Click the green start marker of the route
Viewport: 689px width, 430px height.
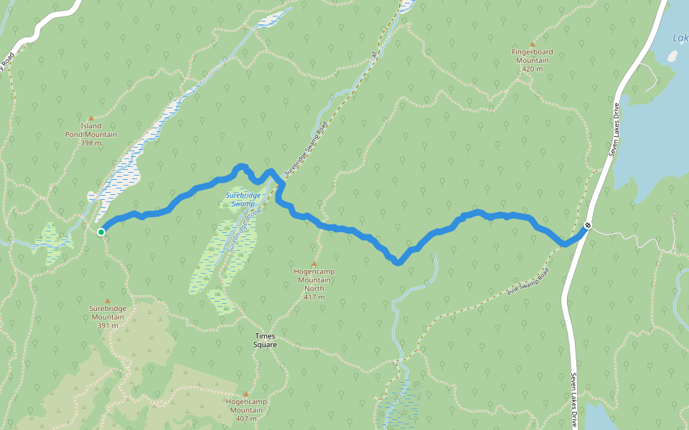tap(101, 231)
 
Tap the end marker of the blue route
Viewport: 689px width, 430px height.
tap(588, 226)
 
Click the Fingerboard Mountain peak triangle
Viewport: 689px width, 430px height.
tap(532, 44)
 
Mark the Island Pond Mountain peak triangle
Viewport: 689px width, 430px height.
tap(90, 118)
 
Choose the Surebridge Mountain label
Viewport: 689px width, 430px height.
tap(108, 312)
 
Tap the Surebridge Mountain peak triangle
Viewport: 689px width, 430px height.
tap(108, 301)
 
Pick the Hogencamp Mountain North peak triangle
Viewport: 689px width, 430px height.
tap(314, 264)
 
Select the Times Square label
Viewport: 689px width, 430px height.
tap(265, 340)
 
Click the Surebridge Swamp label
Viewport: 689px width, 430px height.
tap(240, 199)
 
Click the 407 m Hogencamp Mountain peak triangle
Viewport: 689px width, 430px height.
tap(245, 394)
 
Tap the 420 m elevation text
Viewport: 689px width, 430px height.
tap(531, 70)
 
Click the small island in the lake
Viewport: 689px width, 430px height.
tap(672, 55)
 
